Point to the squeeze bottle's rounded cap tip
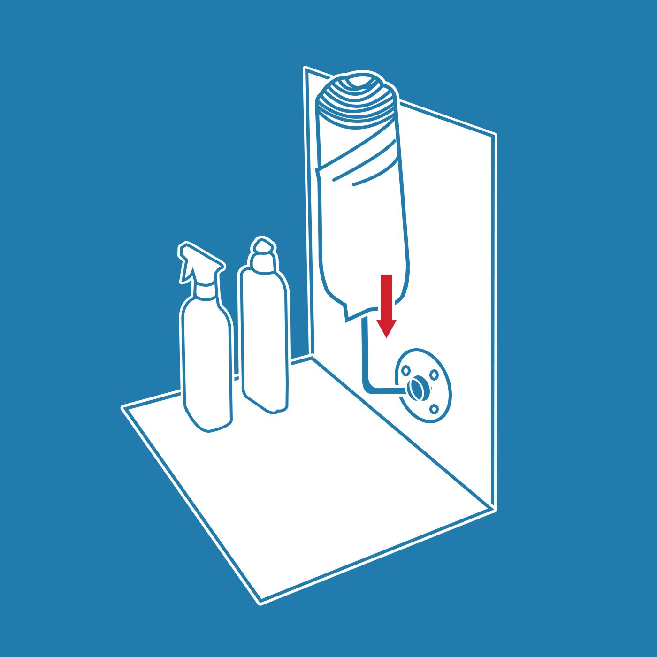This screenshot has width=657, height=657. click(x=263, y=245)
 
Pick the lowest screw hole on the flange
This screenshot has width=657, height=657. click(x=434, y=409)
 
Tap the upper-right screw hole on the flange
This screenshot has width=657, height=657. click(x=434, y=375)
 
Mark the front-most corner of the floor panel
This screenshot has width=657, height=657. click(x=260, y=602)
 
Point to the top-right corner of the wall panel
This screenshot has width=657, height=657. click(x=495, y=135)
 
